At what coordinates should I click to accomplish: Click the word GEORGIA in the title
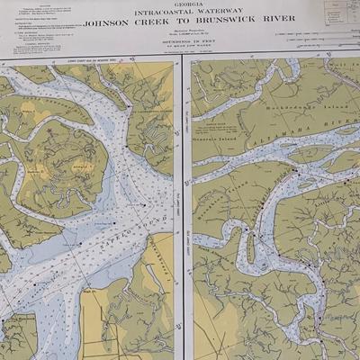179,4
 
